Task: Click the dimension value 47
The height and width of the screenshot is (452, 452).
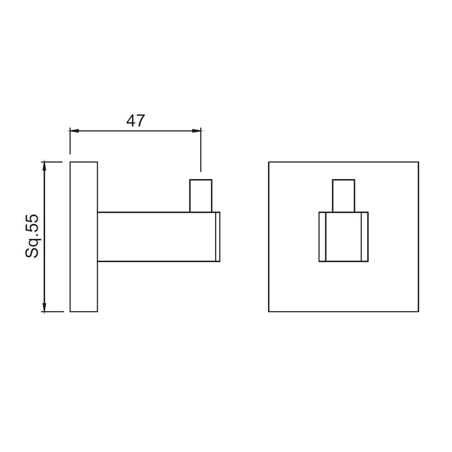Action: [135, 121]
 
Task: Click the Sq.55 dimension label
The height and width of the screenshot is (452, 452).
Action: [33, 236]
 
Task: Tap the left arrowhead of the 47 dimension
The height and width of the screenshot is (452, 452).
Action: [74, 131]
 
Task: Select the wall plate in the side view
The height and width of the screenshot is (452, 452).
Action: [84, 236]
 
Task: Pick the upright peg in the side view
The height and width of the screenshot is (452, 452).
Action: [201, 196]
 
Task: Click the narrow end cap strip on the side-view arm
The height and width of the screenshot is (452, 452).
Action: [217, 236]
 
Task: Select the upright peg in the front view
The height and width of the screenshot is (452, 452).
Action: [344, 196]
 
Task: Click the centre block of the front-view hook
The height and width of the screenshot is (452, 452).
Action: [344, 236]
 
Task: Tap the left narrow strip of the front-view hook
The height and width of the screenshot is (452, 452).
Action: [322, 236]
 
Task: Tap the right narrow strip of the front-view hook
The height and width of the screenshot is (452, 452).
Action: [365, 236]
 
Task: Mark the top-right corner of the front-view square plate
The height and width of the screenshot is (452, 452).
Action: [419, 162]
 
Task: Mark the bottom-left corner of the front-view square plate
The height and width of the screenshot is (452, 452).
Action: [269, 311]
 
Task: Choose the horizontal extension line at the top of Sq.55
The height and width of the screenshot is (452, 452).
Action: [52, 162]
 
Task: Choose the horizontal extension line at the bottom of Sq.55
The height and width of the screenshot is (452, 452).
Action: [52, 311]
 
